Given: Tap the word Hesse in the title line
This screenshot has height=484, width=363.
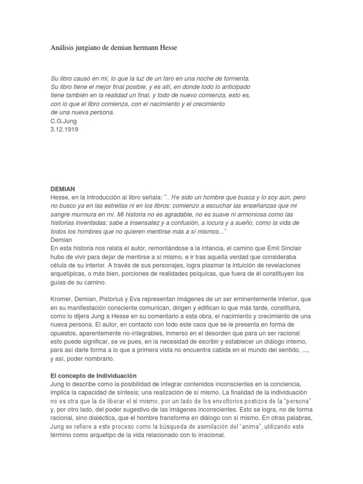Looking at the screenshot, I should pos(166,48).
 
